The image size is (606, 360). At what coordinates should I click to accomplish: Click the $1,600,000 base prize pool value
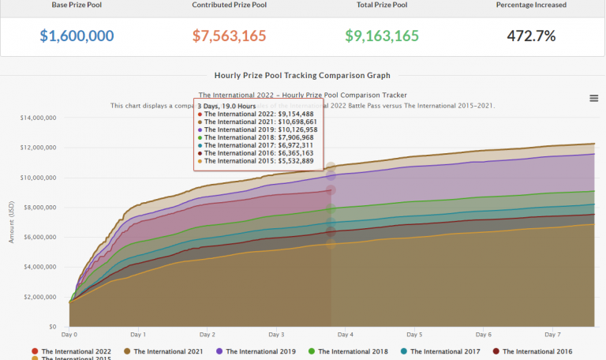pos(77,36)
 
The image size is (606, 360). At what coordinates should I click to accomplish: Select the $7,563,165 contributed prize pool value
pos(229,36)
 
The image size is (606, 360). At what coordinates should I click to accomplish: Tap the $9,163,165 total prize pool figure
pos(382,36)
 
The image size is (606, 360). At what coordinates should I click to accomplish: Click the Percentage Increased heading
pos(531,5)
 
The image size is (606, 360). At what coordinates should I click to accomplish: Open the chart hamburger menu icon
pos(593,98)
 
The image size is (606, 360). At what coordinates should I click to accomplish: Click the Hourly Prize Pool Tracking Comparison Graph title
pos(303,76)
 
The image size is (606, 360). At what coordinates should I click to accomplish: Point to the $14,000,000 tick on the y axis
pos(39,118)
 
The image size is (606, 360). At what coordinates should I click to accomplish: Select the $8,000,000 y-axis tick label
pos(42,207)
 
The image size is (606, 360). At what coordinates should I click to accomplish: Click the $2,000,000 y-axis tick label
pos(42,296)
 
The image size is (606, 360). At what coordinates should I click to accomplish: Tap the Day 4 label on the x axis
pos(346,335)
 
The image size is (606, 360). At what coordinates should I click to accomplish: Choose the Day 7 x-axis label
pos(552,335)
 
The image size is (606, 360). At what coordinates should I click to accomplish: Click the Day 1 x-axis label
pos(139,335)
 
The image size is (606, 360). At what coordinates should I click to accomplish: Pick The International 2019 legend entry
pos(259,351)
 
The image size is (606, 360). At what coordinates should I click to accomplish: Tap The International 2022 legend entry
pos(76,351)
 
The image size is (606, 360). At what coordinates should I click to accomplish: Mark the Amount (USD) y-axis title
pos(12,222)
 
